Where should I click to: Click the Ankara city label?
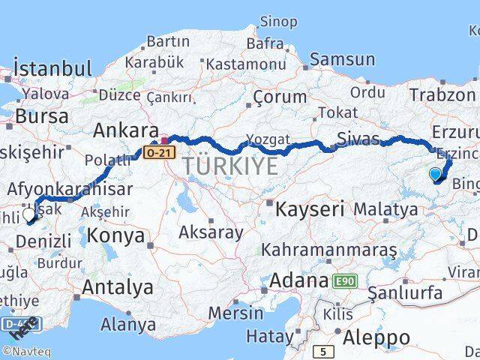125,130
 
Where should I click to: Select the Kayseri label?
310,208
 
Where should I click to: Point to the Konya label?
115,235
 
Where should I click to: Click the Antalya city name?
117,286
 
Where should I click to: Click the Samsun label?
342,59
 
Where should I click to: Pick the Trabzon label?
442,94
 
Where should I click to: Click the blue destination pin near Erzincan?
436,175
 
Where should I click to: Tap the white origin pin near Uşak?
29,215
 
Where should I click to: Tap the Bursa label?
41,117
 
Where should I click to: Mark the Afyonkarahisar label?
72,189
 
